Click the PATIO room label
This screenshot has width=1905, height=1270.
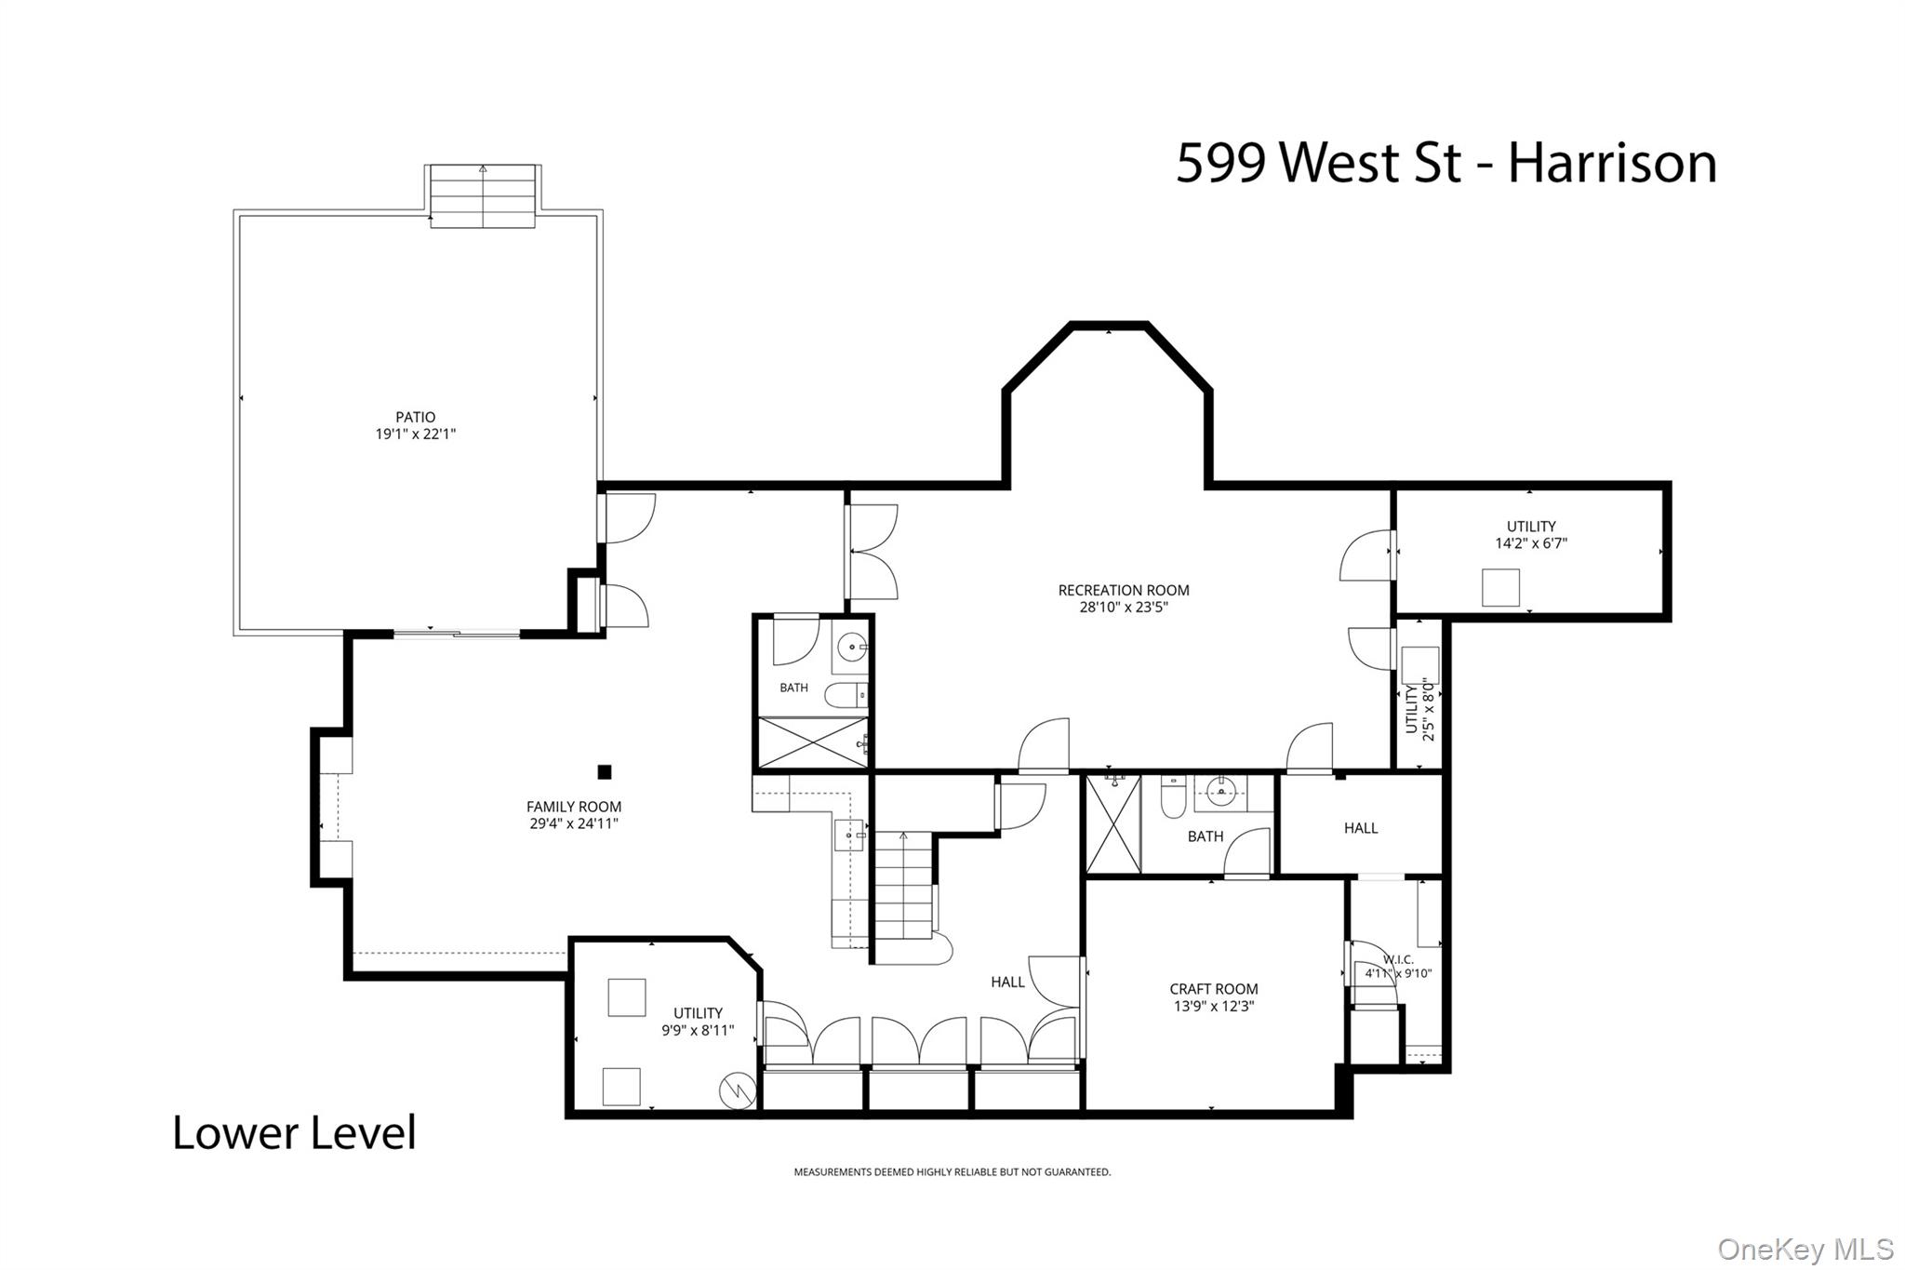tap(415, 417)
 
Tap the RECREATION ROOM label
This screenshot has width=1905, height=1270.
tap(1124, 590)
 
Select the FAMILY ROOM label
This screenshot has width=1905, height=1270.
tap(574, 807)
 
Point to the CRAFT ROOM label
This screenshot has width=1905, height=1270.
tap(1214, 989)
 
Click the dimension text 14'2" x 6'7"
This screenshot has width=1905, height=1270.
tap(1531, 543)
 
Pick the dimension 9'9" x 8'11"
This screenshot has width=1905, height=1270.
tap(698, 1030)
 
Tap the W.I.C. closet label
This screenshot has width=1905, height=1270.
tap(1398, 959)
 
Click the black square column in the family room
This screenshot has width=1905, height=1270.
tap(604, 771)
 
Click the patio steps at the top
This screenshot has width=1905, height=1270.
tap(483, 195)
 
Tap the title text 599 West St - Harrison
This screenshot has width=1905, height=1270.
tap(1446, 163)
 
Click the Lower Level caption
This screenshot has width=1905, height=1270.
tap(295, 1132)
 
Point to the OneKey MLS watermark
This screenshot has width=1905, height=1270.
tap(1805, 1248)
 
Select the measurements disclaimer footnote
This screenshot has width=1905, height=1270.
tap(952, 1172)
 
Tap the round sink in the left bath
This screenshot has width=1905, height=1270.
tap(851, 646)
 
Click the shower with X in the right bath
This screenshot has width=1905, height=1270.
tap(1113, 825)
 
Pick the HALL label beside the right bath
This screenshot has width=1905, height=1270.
tap(1361, 828)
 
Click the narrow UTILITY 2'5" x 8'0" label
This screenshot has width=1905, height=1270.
tap(1419, 709)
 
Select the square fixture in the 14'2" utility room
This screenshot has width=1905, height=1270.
tap(1500, 588)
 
